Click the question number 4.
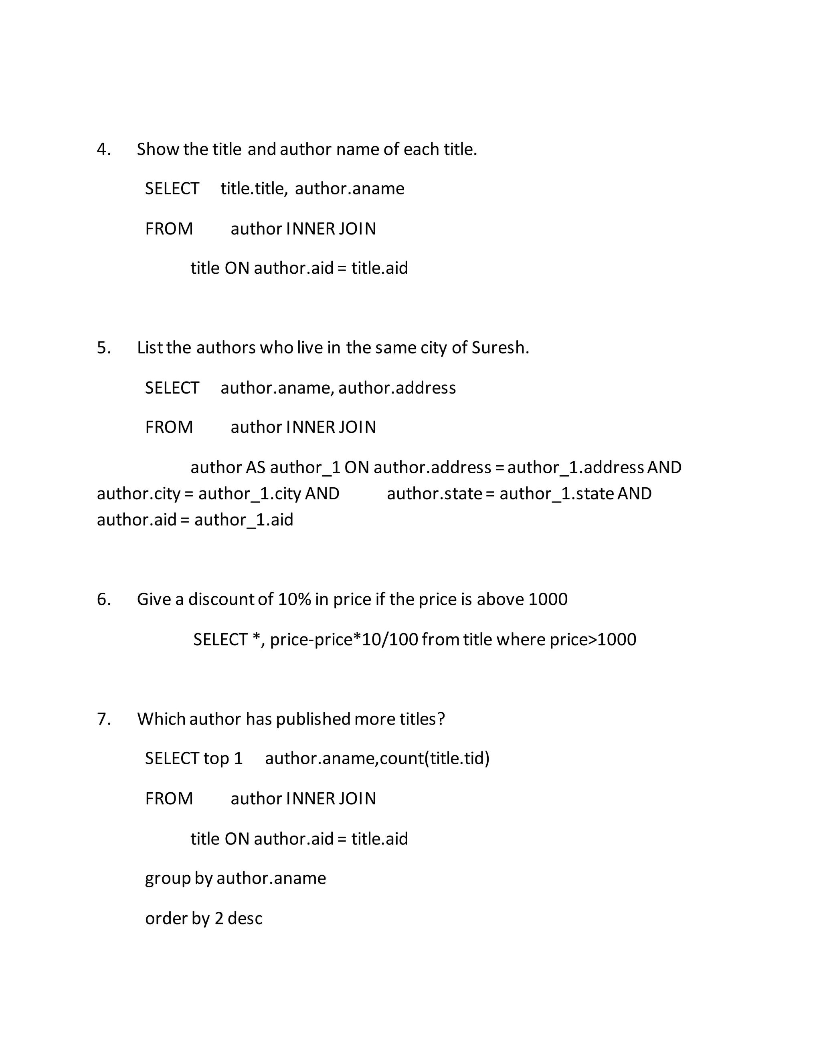pos(103,149)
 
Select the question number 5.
pos(103,348)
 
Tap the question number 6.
pos(103,599)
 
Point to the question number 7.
pos(103,719)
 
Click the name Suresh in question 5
pos(499,348)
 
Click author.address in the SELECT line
pos(397,388)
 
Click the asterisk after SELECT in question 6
pos(256,638)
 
